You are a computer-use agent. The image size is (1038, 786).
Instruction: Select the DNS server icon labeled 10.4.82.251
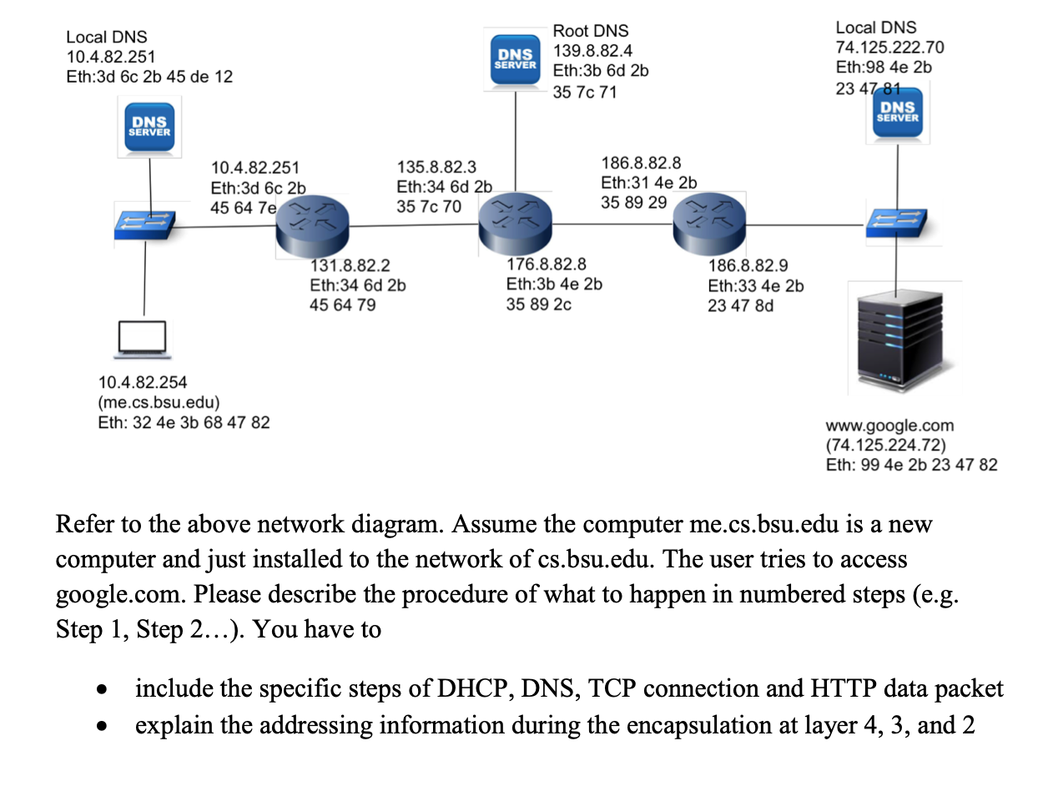(149, 127)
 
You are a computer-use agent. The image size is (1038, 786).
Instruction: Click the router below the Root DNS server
(516, 223)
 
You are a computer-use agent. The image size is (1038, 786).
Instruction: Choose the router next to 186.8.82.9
(708, 223)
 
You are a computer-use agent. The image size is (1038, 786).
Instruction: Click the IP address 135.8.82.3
(436, 168)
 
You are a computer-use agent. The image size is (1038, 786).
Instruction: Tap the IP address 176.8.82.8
(547, 265)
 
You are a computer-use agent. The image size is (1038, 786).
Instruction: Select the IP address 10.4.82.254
(143, 383)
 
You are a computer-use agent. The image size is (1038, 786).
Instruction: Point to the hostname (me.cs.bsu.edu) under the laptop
(154, 403)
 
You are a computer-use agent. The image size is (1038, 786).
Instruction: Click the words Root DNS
(591, 32)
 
